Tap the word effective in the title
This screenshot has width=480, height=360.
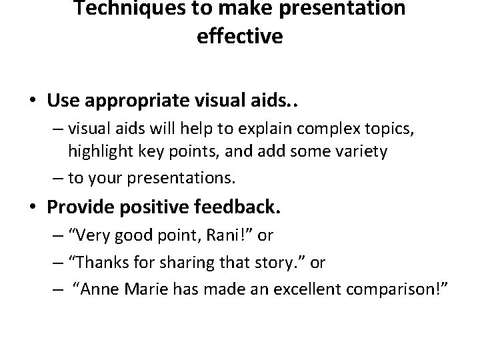240,36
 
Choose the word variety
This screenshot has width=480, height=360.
362,151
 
